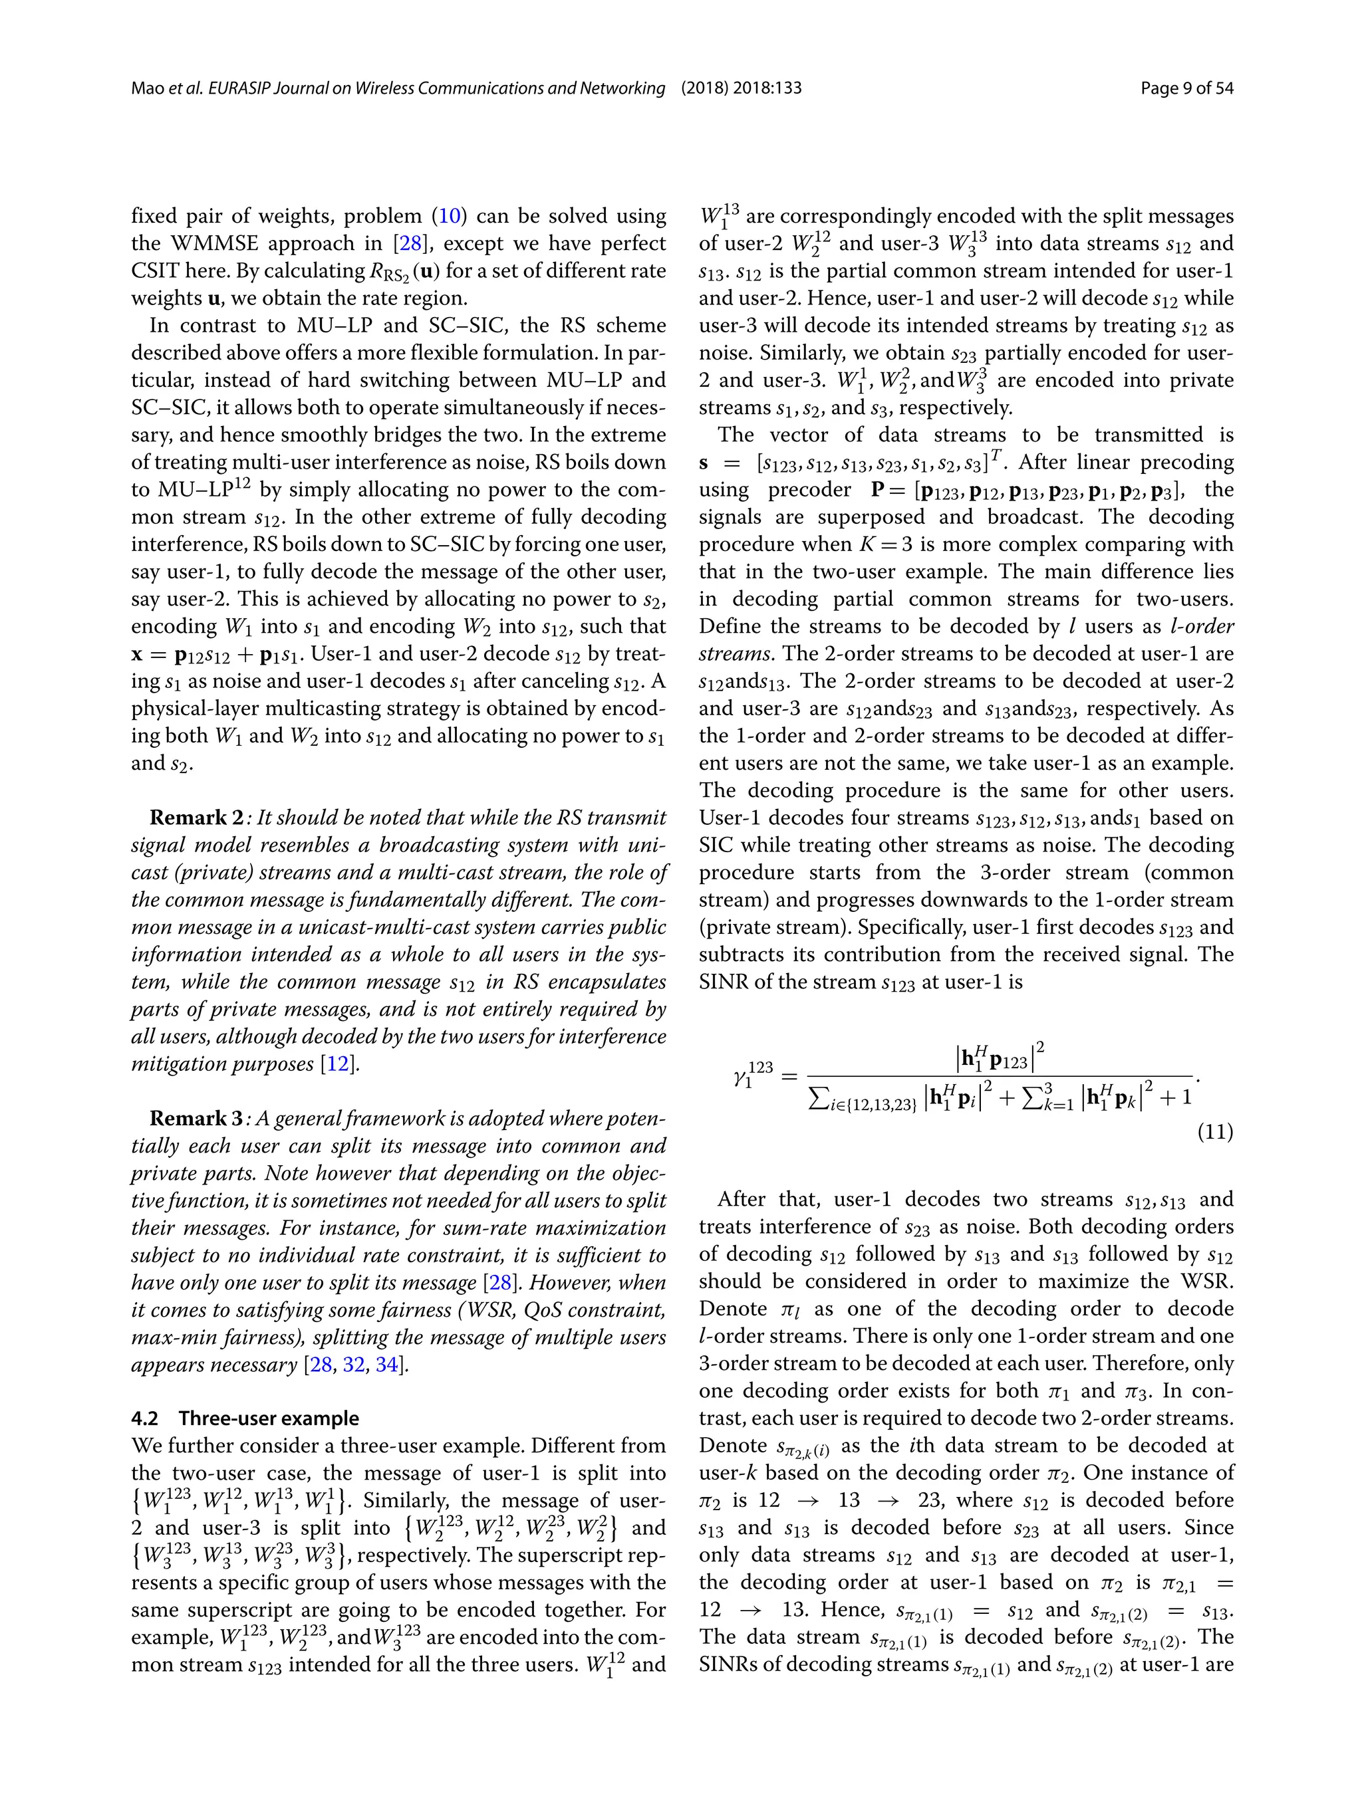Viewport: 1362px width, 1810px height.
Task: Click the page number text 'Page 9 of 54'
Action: click(x=1186, y=88)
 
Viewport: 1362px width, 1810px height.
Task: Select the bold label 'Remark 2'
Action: click(x=196, y=818)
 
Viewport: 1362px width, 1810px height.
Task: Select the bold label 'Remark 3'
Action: click(x=196, y=1119)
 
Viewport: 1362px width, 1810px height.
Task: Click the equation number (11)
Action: click(x=1214, y=1133)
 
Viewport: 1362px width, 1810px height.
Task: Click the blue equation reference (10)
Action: click(x=450, y=216)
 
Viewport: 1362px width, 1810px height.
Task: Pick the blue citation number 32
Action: click(x=354, y=1365)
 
